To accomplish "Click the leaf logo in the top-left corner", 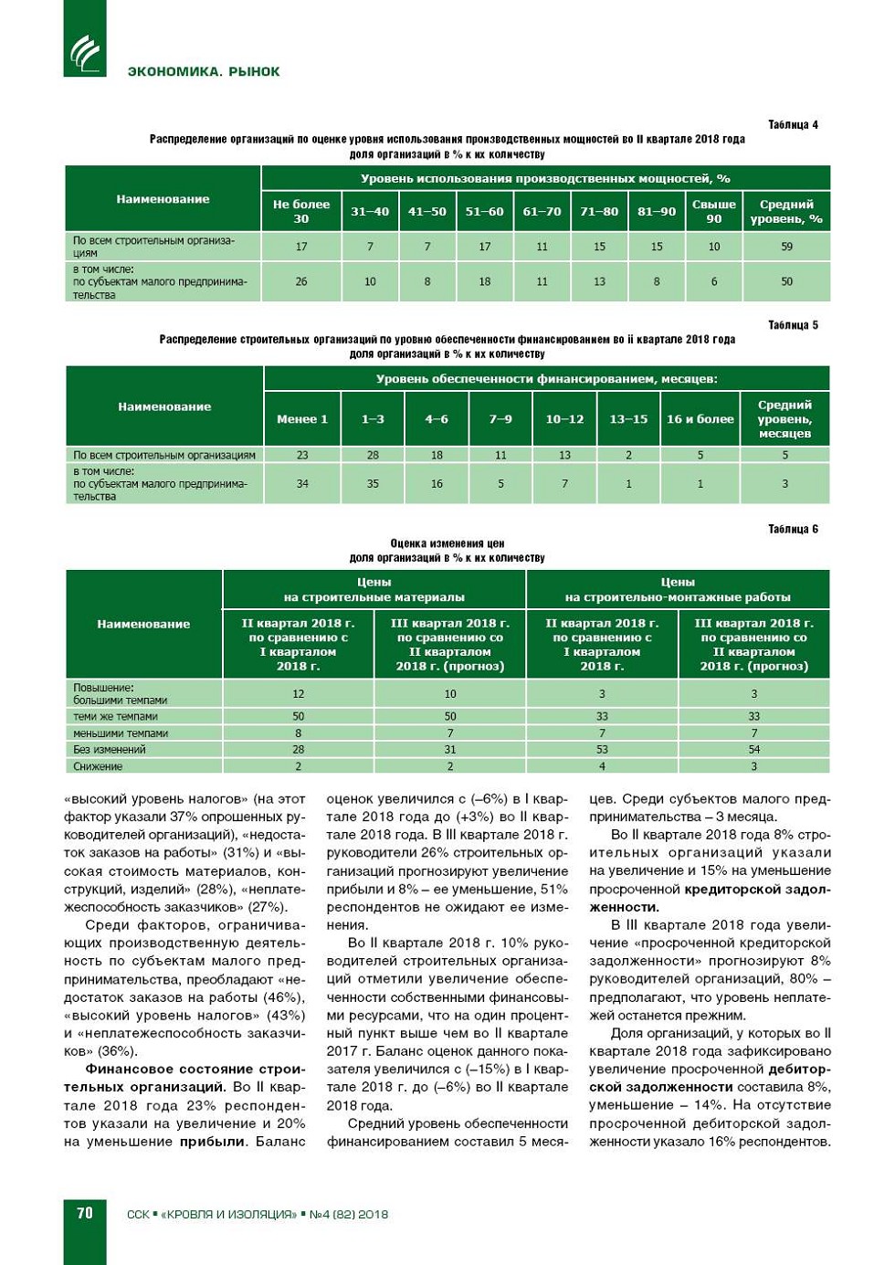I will tap(85, 53).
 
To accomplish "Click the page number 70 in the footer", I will tap(85, 1213).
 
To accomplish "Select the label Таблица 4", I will tap(793, 125).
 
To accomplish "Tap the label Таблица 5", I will tap(793, 325).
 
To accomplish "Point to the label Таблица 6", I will tap(793, 529).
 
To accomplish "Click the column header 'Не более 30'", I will tap(301, 212).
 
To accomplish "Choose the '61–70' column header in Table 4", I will tap(542, 212).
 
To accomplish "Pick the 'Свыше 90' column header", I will tap(714, 212).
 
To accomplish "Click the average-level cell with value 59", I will tap(786, 247).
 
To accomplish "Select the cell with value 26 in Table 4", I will tap(301, 281).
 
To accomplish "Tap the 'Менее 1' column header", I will tap(302, 419).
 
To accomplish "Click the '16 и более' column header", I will tap(700, 419).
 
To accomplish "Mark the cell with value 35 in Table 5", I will tap(373, 483).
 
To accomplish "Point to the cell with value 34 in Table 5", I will tap(302, 483).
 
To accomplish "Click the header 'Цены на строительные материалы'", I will tap(374, 589).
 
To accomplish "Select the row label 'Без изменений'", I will tap(110, 750).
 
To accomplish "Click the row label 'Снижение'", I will tap(98, 766).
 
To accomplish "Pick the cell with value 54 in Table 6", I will tap(754, 750).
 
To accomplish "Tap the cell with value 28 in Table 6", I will tap(299, 750).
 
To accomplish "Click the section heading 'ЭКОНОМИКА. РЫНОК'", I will tap(204, 71).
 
